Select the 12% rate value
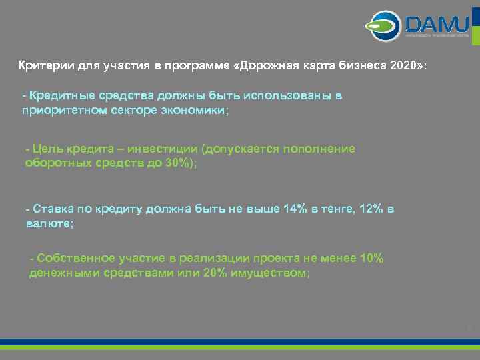[x=371, y=209]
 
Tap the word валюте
[x=48, y=224]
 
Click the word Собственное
[x=75, y=258]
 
